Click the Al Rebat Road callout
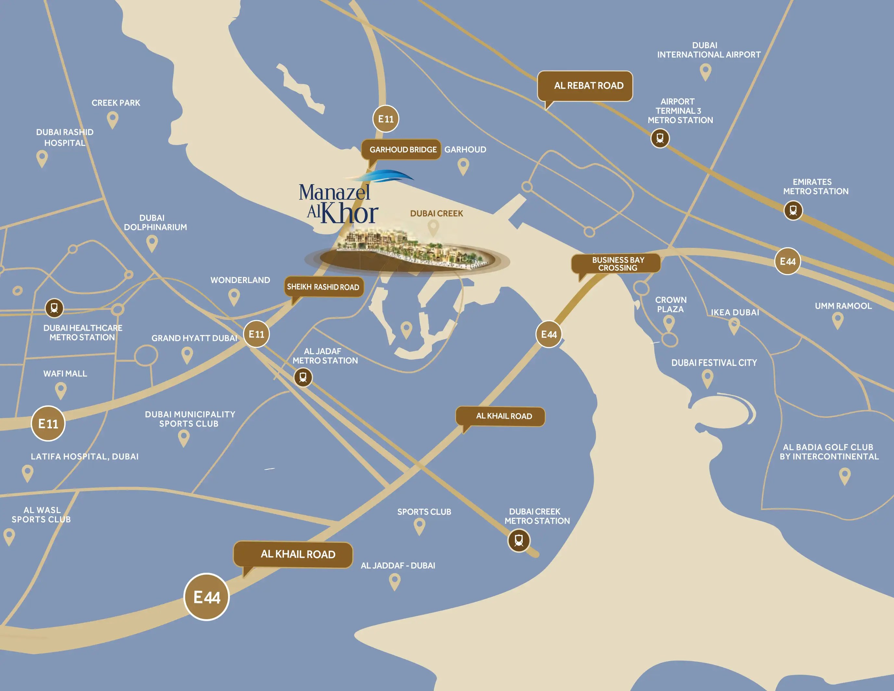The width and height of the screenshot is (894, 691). click(584, 85)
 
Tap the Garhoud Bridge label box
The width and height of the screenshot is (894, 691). click(401, 149)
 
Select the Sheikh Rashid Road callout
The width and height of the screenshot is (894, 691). click(323, 287)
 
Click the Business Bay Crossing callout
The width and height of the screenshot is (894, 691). click(616, 263)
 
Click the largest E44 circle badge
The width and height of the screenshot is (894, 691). click(206, 597)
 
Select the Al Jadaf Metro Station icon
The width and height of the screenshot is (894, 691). click(303, 377)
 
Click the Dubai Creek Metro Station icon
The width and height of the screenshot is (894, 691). click(519, 540)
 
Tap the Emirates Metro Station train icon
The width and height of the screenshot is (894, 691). click(793, 211)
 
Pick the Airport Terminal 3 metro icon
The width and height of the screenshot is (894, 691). click(660, 138)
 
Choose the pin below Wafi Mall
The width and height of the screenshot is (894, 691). click(60, 390)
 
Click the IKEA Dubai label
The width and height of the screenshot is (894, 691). click(735, 312)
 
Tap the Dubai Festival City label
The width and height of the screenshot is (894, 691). click(714, 363)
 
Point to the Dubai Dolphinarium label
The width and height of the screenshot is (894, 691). click(155, 222)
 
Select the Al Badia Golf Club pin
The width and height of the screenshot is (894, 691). click(845, 476)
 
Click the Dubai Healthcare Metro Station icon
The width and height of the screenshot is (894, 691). click(54, 308)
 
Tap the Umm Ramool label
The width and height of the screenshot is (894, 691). click(843, 306)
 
